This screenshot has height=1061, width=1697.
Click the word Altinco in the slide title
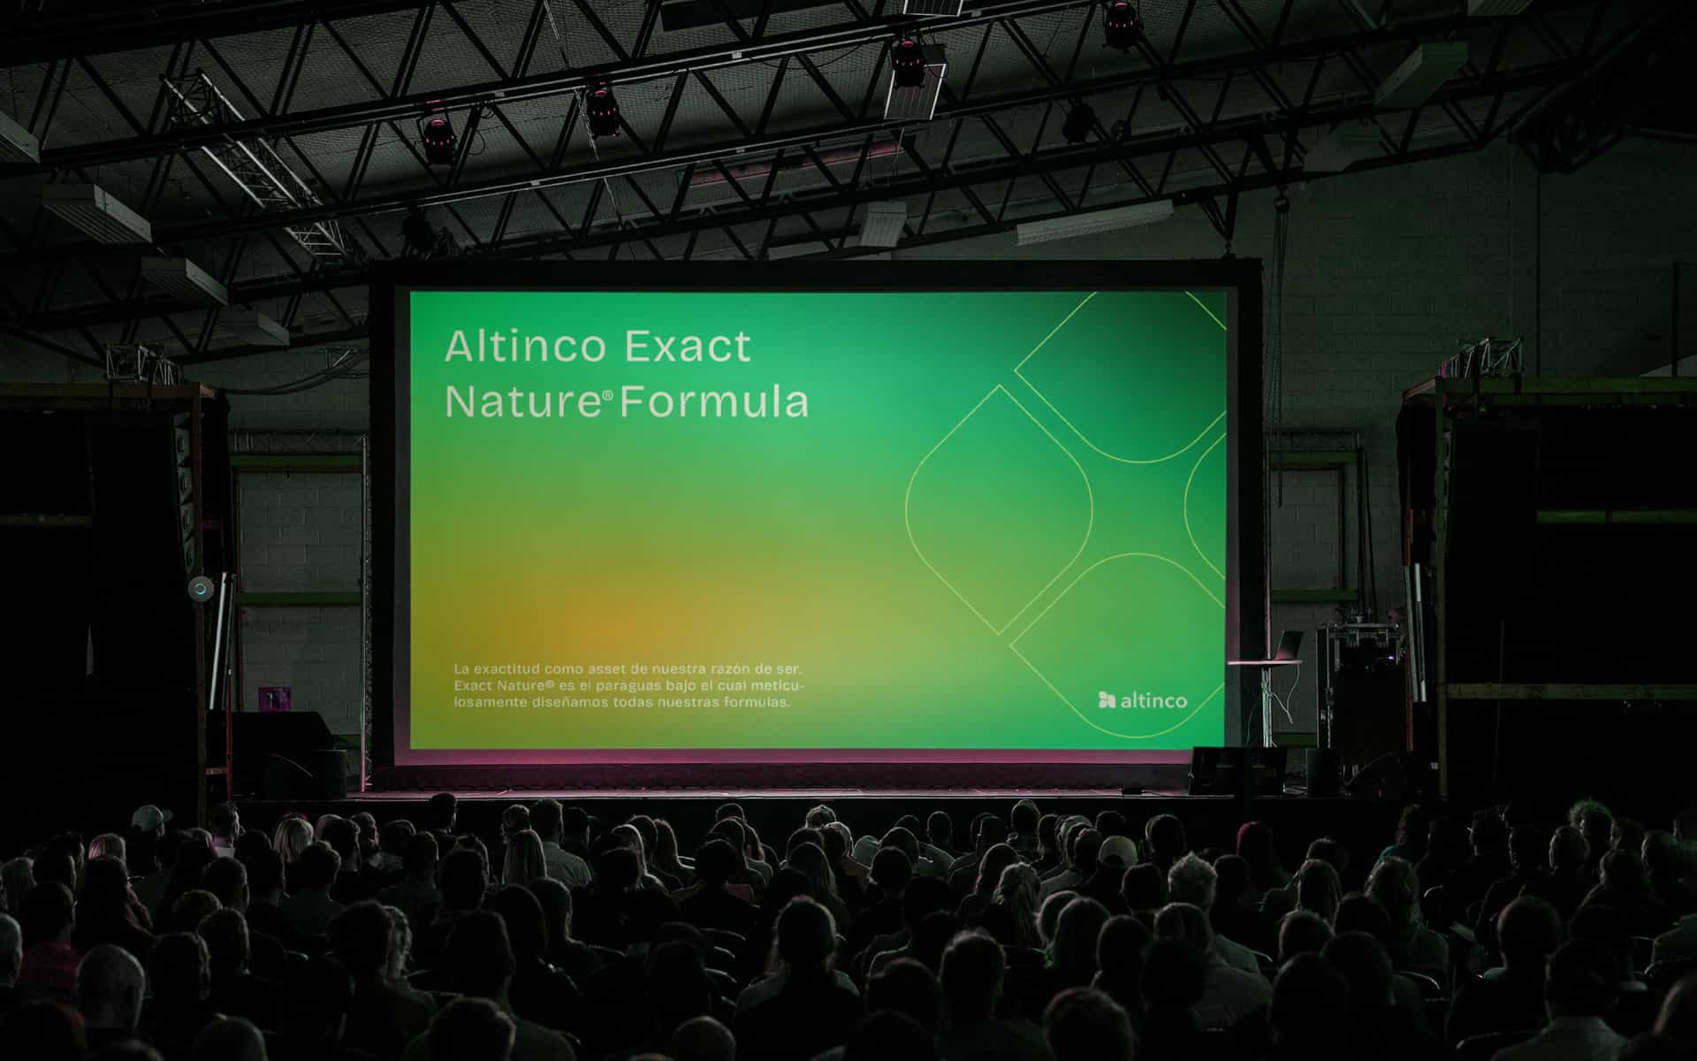(x=523, y=346)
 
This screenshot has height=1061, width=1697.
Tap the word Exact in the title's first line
(x=688, y=346)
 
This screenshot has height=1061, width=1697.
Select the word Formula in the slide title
(x=715, y=401)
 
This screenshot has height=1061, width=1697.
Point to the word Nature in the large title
(x=522, y=401)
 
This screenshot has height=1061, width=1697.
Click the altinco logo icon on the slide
(x=1107, y=700)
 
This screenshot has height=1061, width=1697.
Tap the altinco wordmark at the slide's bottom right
(x=1153, y=700)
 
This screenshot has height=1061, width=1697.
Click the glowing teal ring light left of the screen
(x=200, y=587)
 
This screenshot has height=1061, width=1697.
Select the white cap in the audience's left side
(x=151, y=816)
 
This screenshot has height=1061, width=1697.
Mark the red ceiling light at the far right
(x=1122, y=21)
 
